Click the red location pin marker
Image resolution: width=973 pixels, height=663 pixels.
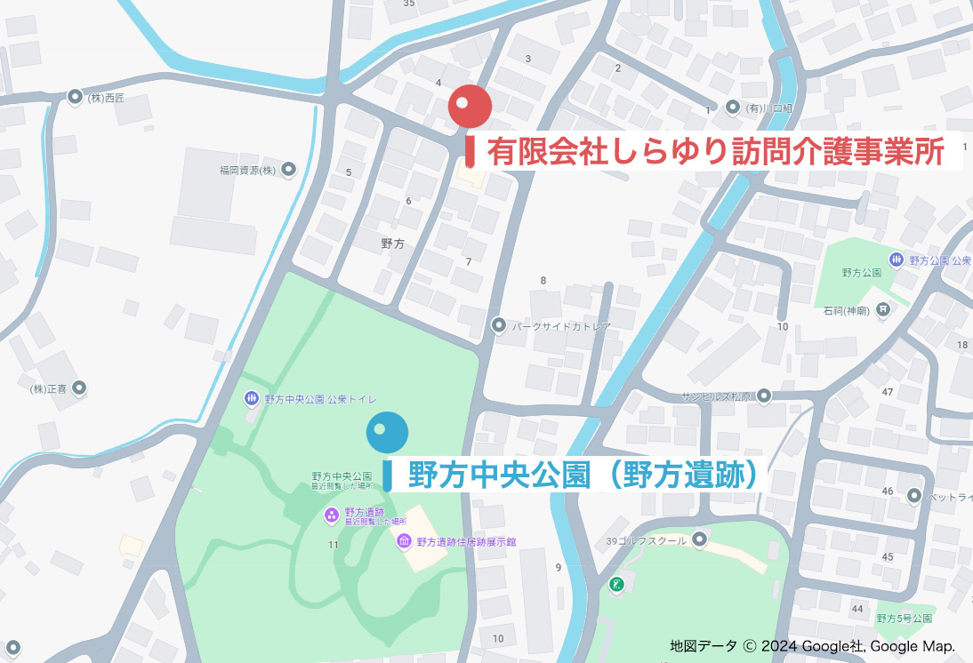coord(470,106)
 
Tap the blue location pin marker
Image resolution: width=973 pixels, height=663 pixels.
coord(388,433)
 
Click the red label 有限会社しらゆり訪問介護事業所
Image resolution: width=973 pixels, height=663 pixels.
coord(715,152)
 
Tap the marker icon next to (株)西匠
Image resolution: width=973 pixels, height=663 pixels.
coord(76,97)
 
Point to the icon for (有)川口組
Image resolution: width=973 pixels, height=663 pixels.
coord(733,108)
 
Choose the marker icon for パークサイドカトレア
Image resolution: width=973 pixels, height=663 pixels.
coord(499,326)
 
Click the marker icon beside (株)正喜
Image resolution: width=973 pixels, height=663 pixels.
coord(80,387)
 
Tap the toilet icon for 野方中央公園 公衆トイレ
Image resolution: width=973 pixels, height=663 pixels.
coord(252,398)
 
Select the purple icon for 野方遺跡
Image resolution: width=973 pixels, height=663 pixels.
coord(330,514)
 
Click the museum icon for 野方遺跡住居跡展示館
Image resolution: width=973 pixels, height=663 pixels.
coord(403,541)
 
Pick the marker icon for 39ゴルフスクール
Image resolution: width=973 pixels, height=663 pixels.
coord(700,539)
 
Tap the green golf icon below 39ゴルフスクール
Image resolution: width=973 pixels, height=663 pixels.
coord(616,584)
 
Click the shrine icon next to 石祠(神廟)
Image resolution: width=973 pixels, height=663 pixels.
coord(882,310)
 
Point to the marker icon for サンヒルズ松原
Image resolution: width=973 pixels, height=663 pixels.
coord(763,396)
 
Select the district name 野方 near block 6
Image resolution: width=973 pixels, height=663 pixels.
coord(392,244)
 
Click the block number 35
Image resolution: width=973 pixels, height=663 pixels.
coord(409,4)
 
